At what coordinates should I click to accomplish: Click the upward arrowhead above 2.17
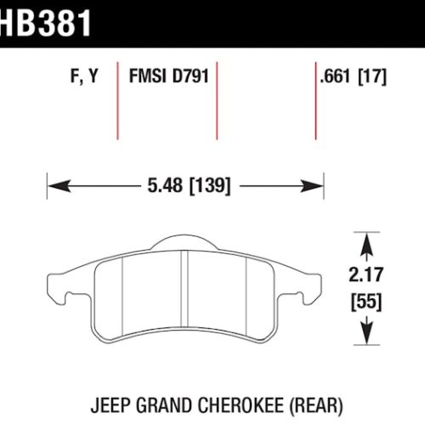tap(367, 243)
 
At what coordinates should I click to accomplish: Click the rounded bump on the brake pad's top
tap(184, 242)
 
